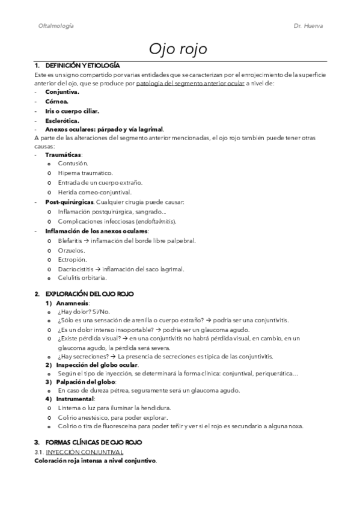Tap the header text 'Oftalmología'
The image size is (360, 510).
[x=56, y=27]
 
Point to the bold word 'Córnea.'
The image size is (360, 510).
[x=57, y=102]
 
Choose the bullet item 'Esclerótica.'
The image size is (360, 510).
[x=62, y=120]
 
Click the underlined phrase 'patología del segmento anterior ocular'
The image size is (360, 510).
[x=191, y=84]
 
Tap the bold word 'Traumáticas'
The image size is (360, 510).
[x=64, y=155]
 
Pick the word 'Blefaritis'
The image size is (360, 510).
[x=70, y=241]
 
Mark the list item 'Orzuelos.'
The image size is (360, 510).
[x=72, y=250]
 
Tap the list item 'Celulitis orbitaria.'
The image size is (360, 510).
[x=82, y=278]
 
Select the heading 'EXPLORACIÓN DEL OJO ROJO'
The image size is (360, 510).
[x=89, y=293]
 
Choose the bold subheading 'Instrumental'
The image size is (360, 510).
[x=75, y=399]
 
